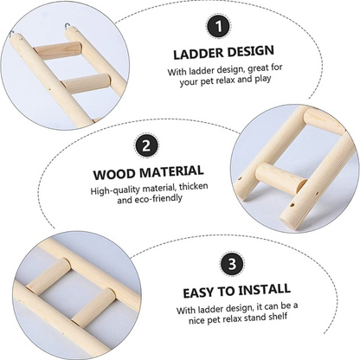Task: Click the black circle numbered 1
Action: pos(219,27)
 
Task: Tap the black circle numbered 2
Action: pos(146,146)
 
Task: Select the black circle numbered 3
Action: pos(232,264)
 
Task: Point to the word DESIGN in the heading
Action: pos(250,51)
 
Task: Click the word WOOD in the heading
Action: pos(114,175)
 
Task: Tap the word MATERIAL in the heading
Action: pos(171,171)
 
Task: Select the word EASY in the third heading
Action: pos(199,293)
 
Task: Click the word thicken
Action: pos(193,187)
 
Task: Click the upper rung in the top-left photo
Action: pos(57,50)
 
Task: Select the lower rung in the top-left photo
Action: pos(86,83)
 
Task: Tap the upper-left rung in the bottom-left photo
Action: pos(48,275)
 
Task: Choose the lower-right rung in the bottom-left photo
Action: pos(93,307)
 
